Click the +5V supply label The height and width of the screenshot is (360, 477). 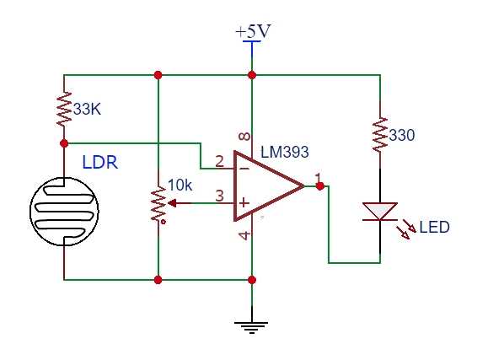tap(252, 31)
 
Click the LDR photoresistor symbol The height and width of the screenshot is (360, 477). tap(64, 211)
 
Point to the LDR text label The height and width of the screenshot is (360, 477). tap(99, 162)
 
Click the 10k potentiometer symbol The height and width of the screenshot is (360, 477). tap(158, 203)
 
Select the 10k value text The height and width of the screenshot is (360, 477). tap(180, 185)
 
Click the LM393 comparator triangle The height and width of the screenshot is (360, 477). tap(265, 186)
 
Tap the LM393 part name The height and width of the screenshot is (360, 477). tap(285, 153)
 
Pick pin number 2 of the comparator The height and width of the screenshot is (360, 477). tap(219, 160)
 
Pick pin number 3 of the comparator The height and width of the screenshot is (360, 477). tap(219, 196)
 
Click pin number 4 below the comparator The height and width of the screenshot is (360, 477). tap(244, 235)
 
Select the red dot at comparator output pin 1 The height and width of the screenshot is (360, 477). tap(319, 185)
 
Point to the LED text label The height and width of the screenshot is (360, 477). tap(435, 228)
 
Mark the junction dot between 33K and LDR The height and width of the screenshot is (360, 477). tap(64, 143)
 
